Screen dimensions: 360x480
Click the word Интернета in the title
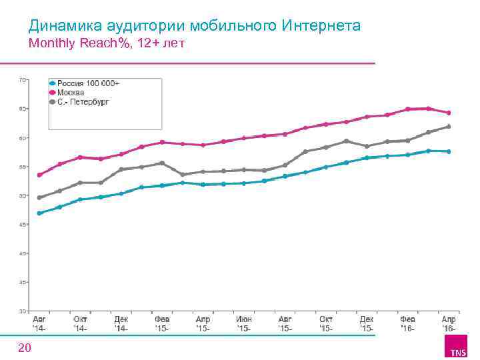tap(321, 26)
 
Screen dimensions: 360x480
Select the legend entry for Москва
tap(71, 92)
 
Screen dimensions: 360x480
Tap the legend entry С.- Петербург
tap(83, 102)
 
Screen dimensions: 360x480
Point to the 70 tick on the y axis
tap(22, 79)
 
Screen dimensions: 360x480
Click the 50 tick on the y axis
tap(22, 195)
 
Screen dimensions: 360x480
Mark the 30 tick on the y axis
tap(22, 311)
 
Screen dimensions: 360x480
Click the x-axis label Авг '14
tap(40, 324)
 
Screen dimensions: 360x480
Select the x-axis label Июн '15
tap(244, 324)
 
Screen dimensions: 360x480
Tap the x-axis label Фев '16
tap(407, 324)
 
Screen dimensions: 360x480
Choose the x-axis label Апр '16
tap(448, 324)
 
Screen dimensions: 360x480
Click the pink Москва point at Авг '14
tap(40, 175)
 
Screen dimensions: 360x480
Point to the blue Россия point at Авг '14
tap(40, 213)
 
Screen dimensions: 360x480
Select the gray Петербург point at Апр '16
tap(449, 126)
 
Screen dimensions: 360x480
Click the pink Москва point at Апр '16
tap(449, 113)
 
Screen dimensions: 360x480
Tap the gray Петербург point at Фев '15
tap(162, 163)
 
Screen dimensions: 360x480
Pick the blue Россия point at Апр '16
tap(449, 151)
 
